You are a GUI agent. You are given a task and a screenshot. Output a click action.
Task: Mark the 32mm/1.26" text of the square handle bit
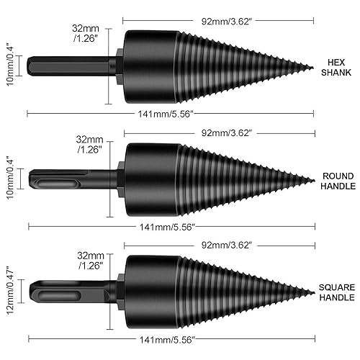click(89, 259)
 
